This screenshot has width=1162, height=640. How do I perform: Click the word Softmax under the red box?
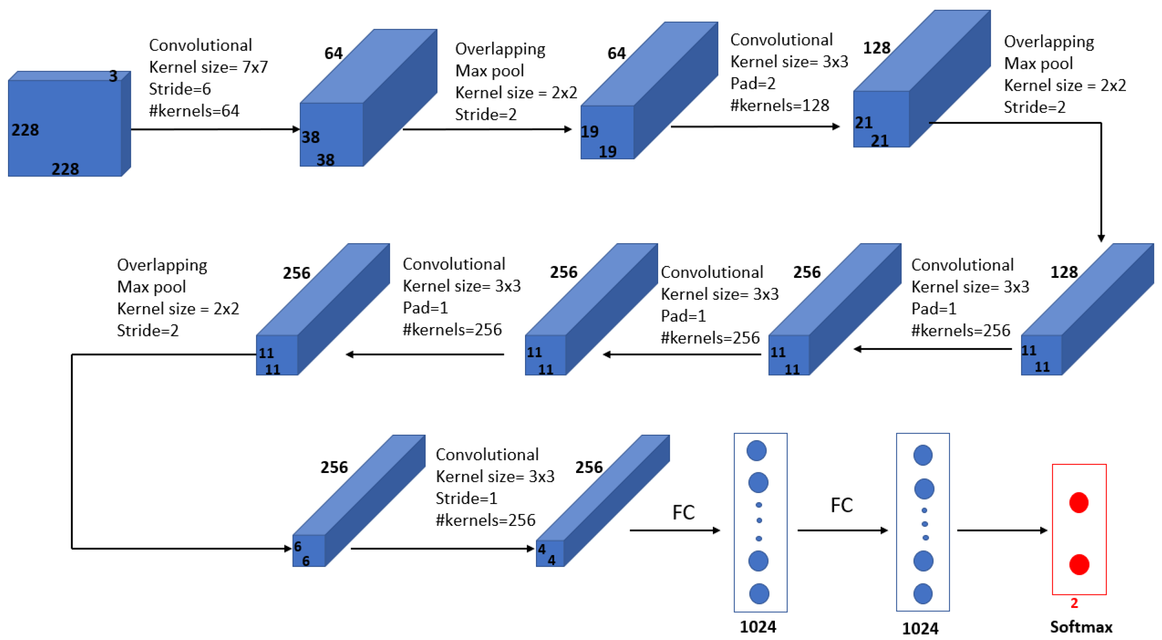[1081, 627]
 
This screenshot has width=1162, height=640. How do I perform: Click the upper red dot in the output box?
[1078, 503]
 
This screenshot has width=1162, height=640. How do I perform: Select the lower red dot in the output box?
[1079, 564]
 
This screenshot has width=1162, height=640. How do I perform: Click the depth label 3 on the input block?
[113, 76]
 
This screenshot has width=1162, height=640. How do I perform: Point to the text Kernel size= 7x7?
[208, 67]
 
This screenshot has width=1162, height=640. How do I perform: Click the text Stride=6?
[179, 89]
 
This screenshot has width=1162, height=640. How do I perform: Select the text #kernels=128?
[780, 105]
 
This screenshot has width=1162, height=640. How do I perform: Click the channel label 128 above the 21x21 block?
[876, 48]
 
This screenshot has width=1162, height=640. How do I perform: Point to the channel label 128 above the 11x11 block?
[1063, 272]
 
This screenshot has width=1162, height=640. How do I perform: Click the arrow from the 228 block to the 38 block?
[215, 129]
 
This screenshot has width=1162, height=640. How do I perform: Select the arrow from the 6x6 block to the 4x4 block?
[442, 548]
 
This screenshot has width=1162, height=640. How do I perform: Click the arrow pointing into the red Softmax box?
[1001, 530]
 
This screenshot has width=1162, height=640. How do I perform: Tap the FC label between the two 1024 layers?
[841, 505]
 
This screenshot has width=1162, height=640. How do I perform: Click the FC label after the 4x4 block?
[683, 512]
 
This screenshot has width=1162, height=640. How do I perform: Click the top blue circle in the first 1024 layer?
[756, 451]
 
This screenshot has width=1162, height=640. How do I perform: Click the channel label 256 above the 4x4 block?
[589, 467]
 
